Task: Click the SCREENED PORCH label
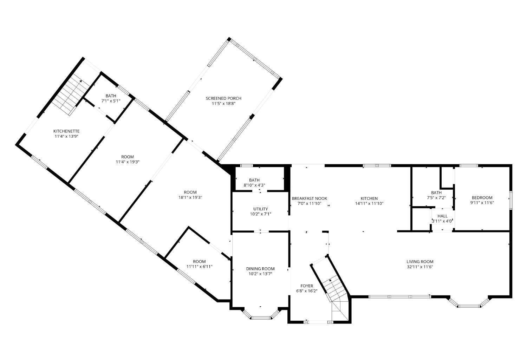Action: (223, 98)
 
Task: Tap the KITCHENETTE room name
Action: (66, 131)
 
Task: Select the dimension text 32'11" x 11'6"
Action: (420, 267)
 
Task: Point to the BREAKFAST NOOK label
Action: (310, 198)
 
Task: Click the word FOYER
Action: (307, 286)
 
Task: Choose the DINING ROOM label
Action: (260, 269)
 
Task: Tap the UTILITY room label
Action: (260, 209)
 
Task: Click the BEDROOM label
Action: (482, 197)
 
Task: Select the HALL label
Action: (443, 216)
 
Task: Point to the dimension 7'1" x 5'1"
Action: (111, 101)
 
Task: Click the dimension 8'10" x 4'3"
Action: (254, 185)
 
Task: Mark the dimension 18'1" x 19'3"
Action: (190, 197)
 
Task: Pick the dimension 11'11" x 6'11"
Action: (199, 267)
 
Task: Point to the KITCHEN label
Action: (369, 198)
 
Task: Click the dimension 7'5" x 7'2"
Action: (436, 198)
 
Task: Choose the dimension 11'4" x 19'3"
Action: (128, 162)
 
